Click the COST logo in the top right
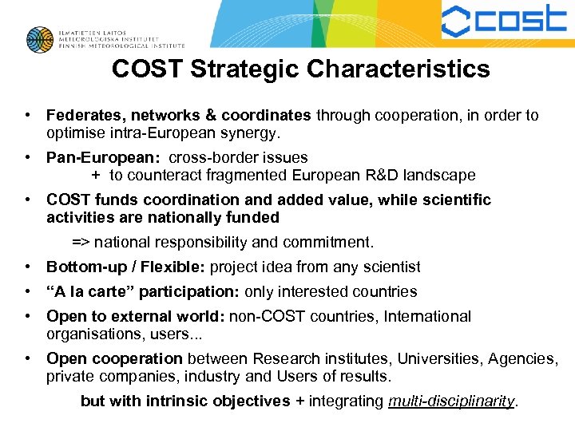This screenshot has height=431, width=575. click(504, 21)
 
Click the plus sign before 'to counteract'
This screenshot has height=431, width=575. click(96, 176)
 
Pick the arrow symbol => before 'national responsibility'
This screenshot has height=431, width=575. click(81, 242)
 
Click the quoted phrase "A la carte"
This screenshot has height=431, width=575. click(86, 292)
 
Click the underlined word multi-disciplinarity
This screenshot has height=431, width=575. click(451, 401)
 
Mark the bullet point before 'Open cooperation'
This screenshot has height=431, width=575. click(28, 359)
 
